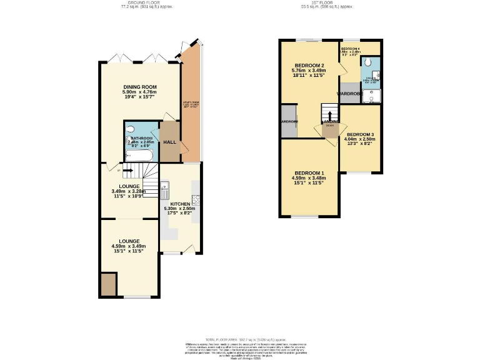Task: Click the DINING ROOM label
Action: (139, 87)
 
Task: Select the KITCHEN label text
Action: (179, 204)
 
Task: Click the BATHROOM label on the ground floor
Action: (141, 138)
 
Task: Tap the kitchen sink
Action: (164, 186)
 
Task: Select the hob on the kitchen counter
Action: (196, 200)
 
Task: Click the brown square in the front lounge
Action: (108, 284)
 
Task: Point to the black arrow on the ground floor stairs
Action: (127, 169)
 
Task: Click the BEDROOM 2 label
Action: (309, 66)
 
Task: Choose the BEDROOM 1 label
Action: (309, 173)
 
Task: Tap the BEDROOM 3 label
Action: (361, 134)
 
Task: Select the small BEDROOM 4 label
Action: (350, 48)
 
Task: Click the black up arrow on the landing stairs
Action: (330, 114)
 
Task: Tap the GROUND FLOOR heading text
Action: (146, 3)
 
